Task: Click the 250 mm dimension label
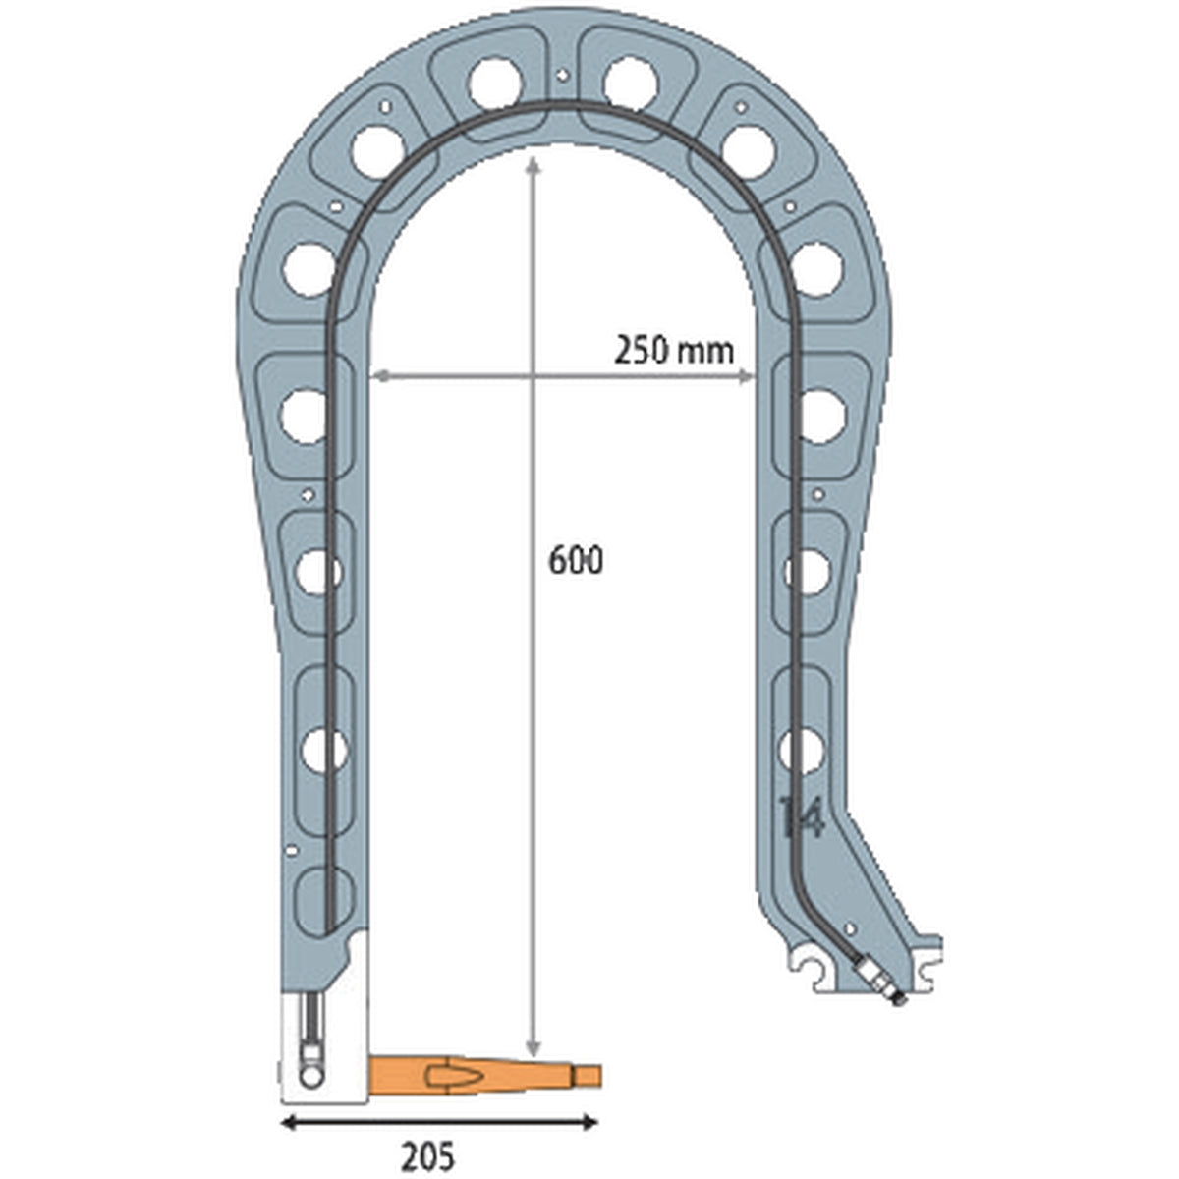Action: (674, 349)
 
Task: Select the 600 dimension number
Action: (576, 560)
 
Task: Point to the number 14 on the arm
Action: (801, 816)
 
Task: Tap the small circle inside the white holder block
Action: (311, 1077)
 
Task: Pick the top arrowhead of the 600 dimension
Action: (533, 163)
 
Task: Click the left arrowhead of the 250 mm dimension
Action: (378, 375)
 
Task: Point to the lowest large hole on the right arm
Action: (801, 750)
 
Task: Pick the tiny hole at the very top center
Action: (561, 74)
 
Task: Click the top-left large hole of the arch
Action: (492, 84)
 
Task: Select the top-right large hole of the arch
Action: (630, 84)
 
